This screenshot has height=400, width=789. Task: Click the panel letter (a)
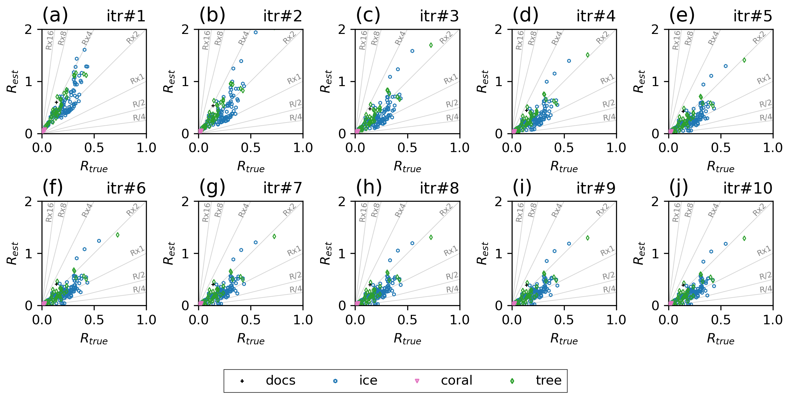(x=55, y=15)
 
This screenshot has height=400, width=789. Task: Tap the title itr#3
(x=439, y=16)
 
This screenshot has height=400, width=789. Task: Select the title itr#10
(x=747, y=188)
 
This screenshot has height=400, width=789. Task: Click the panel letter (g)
(x=212, y=188)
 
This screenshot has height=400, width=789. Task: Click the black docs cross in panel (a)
(x=57, y=102)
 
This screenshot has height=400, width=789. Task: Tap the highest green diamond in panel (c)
(x=431, y=45)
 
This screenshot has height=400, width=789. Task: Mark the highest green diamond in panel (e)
(x=744, y=60)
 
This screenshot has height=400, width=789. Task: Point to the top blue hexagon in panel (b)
(x=256, y=32)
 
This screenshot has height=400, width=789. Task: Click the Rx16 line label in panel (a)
(x=49, y=40)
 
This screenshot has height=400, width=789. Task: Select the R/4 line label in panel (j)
(x=766, y=289)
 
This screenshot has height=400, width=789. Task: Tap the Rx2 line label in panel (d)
(x=602, y=38)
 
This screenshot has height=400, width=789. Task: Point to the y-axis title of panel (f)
(x=13, y=253)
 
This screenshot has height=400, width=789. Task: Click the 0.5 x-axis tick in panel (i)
(x=564, y=320)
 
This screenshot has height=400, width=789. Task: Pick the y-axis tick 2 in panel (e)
(x=655, y=30)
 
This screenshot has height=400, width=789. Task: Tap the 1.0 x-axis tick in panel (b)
(x=303, y=148)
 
